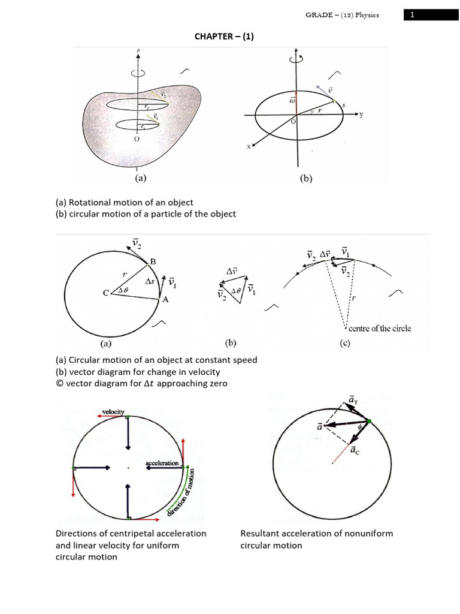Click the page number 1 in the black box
coord(412,16)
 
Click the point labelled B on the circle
coord(152,261)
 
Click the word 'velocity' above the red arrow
coord(113,412)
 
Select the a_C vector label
coord(354,450)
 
